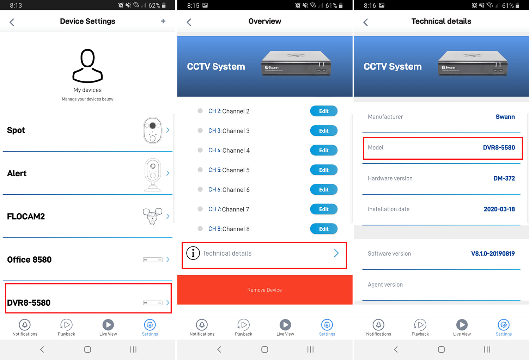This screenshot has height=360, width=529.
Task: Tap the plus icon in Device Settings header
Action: (163, 21)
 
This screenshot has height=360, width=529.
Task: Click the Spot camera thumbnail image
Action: (153, 130)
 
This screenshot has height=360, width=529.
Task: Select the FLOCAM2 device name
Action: (26, 216)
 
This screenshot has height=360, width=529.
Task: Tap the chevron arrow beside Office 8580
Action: (168, 260)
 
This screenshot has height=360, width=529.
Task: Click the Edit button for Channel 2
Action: (323, 111)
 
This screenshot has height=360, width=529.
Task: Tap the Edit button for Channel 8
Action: (323, 229)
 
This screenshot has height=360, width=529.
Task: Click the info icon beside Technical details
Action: (193, 253)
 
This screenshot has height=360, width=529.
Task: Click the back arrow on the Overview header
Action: (189, 22)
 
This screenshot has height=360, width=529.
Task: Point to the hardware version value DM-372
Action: (504, 178)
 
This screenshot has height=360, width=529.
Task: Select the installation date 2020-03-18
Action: (499, 209)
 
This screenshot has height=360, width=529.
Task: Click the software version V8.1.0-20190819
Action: (493, 254)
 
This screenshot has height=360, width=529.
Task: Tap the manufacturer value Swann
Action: (505, 117)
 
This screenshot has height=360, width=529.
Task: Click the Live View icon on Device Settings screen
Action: (108, 325)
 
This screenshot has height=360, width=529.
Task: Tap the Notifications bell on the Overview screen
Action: (202, 325)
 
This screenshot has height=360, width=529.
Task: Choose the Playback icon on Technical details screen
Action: (420, 325)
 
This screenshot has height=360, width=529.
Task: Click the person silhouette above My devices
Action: (87, 66)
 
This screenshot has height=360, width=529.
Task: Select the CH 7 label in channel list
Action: (214, 209)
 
